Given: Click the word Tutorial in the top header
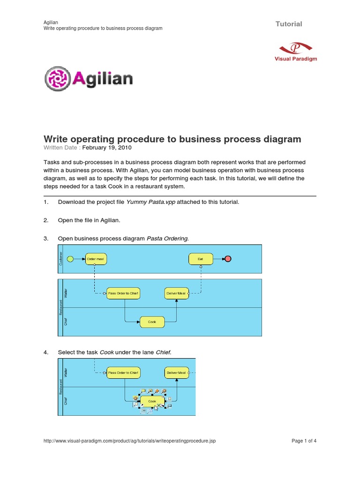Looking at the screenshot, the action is pos(289,24).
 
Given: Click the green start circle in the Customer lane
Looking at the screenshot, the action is pos(71,258).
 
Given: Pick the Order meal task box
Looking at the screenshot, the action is pos(97,259).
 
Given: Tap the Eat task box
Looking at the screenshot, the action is pos(201,259).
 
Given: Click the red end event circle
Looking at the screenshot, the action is pos(228,259).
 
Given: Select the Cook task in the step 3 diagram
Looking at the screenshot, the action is pos(152,322).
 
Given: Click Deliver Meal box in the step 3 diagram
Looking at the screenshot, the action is pos(176,293).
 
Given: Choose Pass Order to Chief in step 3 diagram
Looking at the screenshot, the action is pos(123,293).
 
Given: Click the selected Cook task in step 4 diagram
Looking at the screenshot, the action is pos(152,401).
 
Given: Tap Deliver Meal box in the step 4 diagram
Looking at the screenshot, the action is pos(176,373).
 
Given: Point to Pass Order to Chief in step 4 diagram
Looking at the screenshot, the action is pos(123,373).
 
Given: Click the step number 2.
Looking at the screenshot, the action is pos(45,220).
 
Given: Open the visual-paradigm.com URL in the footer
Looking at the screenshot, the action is pos(129,441).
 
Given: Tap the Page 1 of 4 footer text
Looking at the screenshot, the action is pos(304,441).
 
